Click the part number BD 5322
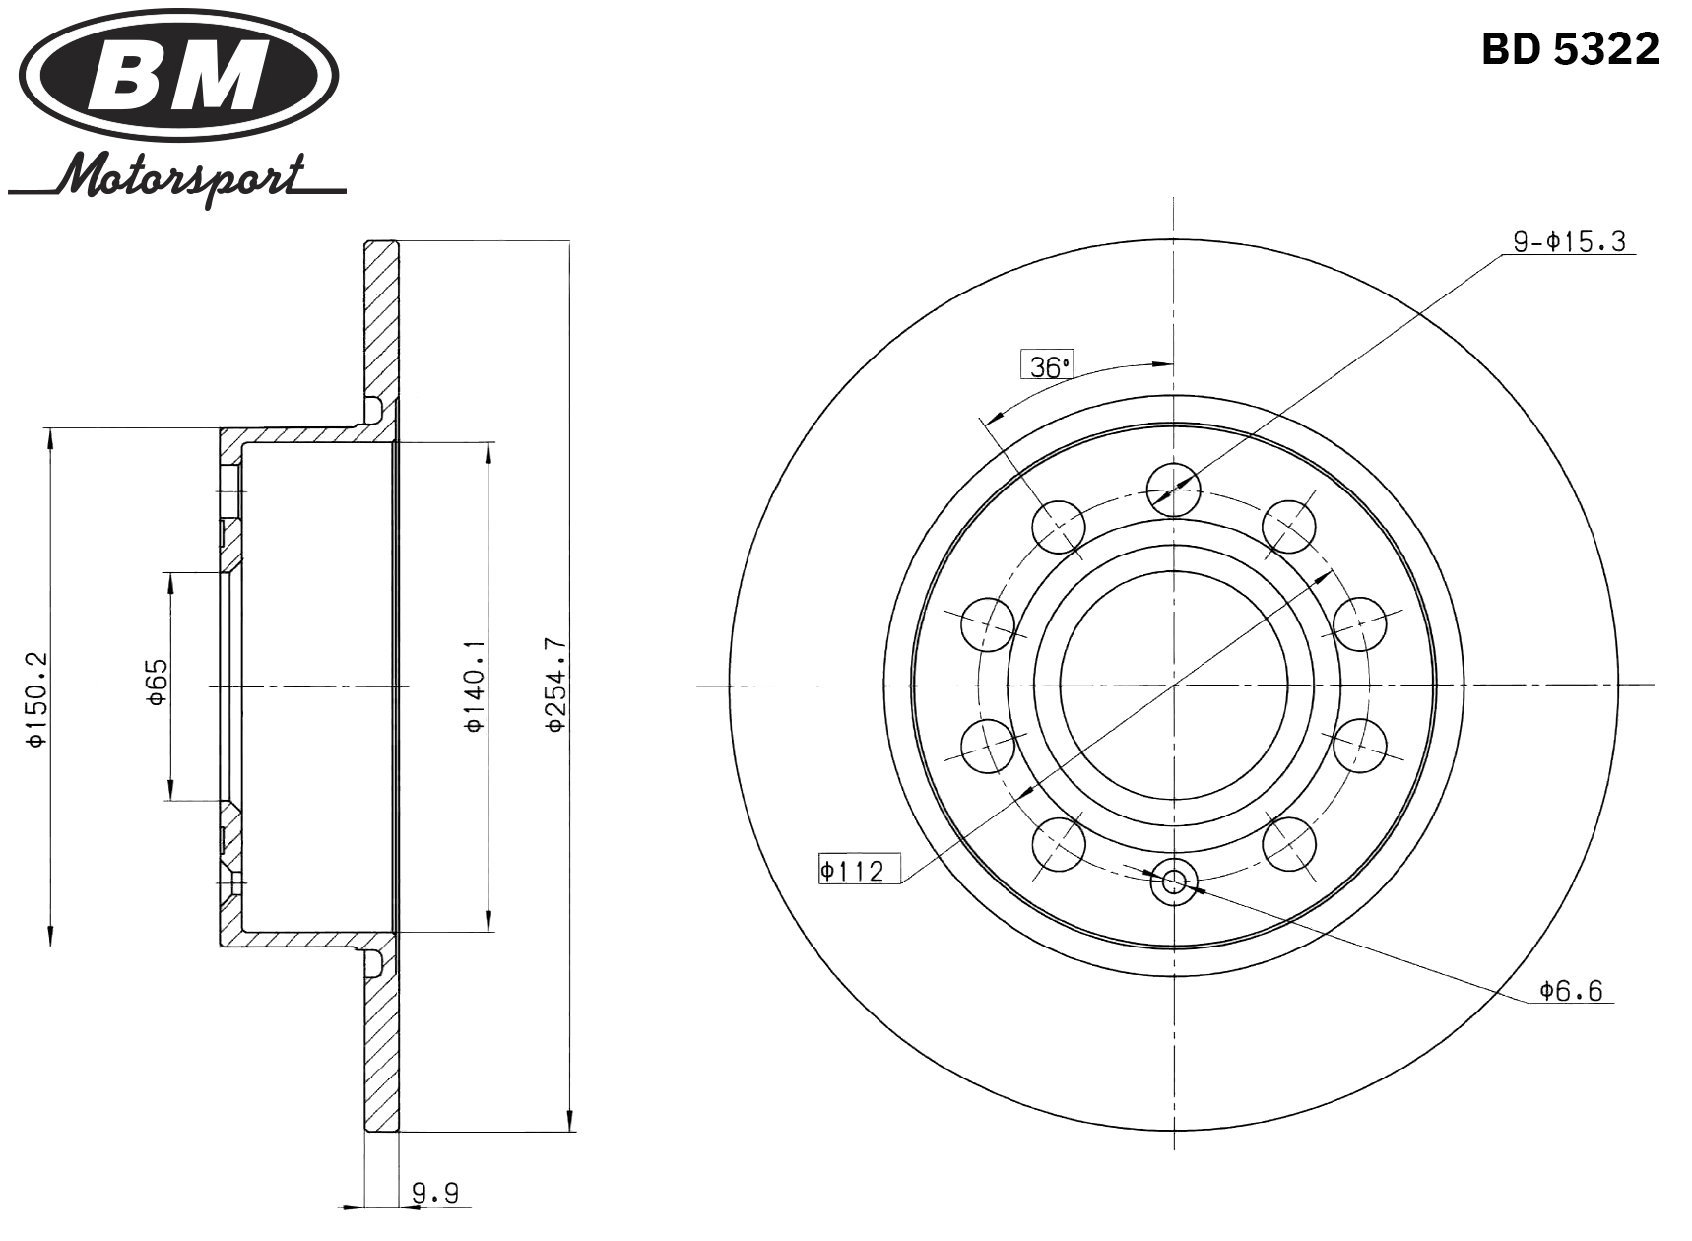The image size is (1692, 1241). coord(1570,48)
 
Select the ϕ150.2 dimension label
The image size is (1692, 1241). coord(36,697)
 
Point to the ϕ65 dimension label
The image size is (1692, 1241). coord(157,682)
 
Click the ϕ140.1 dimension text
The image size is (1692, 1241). coord(474,686)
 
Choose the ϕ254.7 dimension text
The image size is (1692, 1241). coord(556,686)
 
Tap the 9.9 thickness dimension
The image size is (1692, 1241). coord(435,1194)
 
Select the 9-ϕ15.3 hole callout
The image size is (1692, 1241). coord(1570,241)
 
